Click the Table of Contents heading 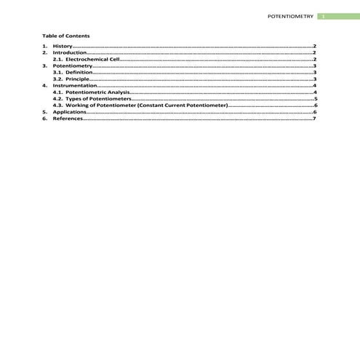(66, 35)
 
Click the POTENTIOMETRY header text (290, 15)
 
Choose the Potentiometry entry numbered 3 (72, 66)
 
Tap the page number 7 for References (314, 119)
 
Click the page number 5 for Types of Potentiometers (314, 100)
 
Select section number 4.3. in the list (58, 106)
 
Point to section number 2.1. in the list (58, 60)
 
